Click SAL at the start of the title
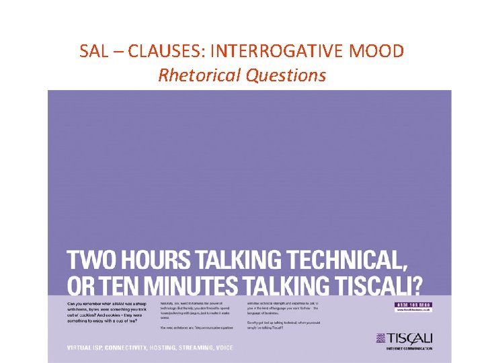click(93, 51)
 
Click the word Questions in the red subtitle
click(285, 75)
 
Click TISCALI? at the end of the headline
click(380, 285)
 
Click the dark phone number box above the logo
click(413, 305)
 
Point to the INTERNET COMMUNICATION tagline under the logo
click(409, 348)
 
